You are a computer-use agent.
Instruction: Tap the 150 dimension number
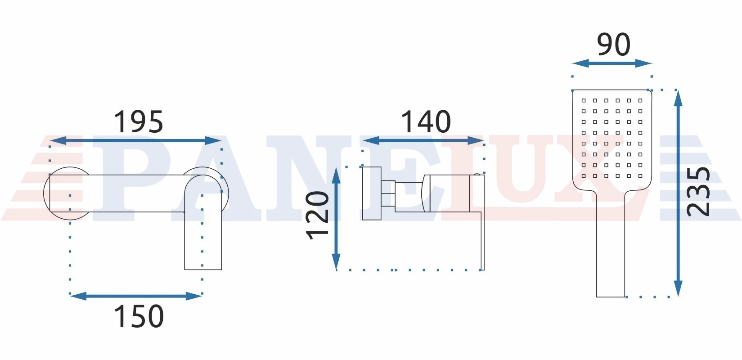pos(139,317)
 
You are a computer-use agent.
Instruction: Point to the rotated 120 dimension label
pos(317,215)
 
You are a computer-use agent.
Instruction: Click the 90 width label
pos(613,45)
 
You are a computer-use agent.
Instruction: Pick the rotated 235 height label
pos(698,192)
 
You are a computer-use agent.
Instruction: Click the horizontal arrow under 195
pos(135,140)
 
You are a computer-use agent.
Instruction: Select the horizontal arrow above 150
pos(136,296)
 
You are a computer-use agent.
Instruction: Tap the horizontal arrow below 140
pos(423,141)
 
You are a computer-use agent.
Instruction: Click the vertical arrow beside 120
pos(336,219)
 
